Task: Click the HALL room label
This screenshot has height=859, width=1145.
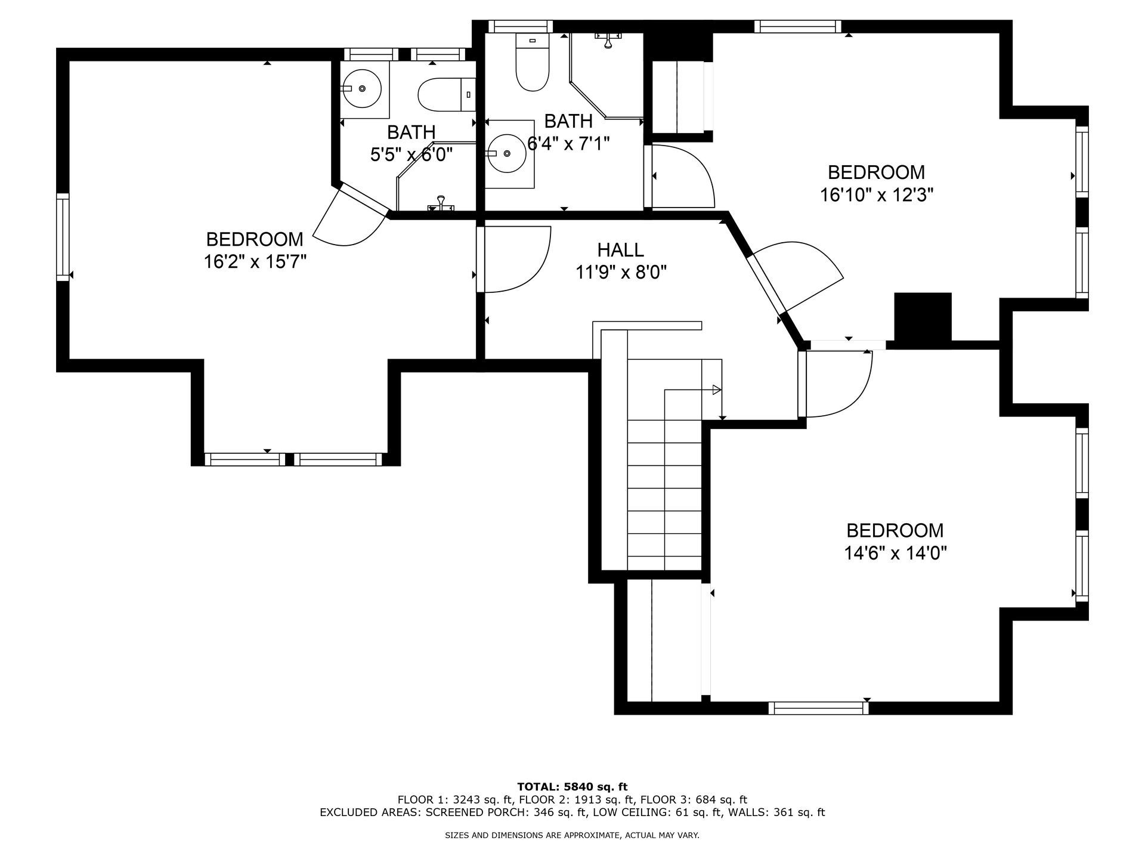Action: pyautogui.click(x=620, y=249)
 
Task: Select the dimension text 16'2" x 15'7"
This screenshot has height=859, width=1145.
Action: pyautogui.click(x=255, y=261)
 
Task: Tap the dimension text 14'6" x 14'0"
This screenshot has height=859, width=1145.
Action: pyautogui.click(x=895, y=554)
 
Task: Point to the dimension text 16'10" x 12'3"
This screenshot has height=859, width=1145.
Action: pyautogui.click(x=876, y=195)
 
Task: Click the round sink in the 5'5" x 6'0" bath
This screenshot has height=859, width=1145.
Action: pyautogui.click(x=364, y=89)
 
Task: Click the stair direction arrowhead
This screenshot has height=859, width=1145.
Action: pyautogui.click(x=716, y=390)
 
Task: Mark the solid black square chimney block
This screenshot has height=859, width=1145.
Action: pyautogui.click(x=923, y=317)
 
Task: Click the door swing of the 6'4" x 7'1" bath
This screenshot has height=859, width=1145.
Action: pyautogui.click(x=683, y=176)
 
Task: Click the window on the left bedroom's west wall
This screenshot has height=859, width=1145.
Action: pyautogui.click(x=63, y=236)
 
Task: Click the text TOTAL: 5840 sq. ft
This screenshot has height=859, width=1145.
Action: pyautogui.click(x=572, y=787)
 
